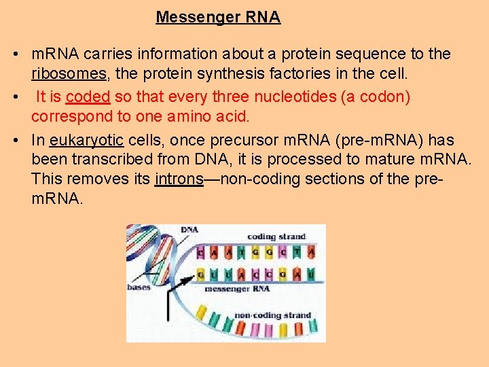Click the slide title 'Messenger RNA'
pos(218,17)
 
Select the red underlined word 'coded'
pos(88,97)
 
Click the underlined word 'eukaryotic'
pos(86,140)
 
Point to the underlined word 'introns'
pos(179,179)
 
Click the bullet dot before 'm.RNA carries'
pos(15,54)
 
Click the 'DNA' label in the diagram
pos(189,230)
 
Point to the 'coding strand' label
pos(276,237)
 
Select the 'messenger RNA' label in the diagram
pos(237,289)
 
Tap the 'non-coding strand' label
pos(272,315)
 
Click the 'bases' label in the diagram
pos(139,287)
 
